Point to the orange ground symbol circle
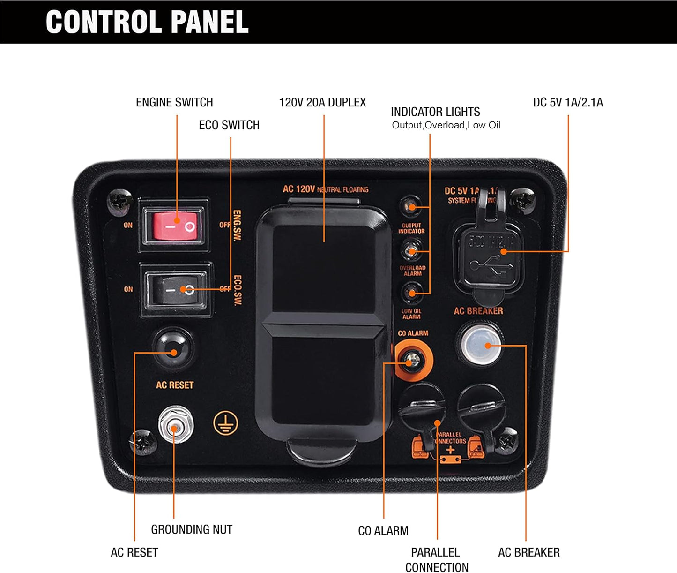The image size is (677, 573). pyautogui.click(x=225, y=423)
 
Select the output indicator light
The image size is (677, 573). pyautogui.click(x=410, y=207)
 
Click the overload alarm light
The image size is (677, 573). pyautogui.click(x=411, y=250)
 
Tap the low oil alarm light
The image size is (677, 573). pyautogui.click(x=411, y=293)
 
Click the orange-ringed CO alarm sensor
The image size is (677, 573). pyautogui.click(x=413, y=361)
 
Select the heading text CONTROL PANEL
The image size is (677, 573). pyautogui.click(x=147, y=22)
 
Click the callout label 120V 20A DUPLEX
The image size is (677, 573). pyautogui.click(x=322, y=102)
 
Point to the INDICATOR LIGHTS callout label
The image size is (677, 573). pyautogui.click(x=435, y=112)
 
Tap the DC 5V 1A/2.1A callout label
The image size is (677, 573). pyautogui.click(x=568, y=102)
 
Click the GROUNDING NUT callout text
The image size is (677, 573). pyautogui.click(x=192, y=529)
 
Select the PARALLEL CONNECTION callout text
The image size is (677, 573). pyautogui.click(x=436, y=559)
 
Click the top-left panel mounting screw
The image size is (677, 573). pyautogui.click(x=120, y=201)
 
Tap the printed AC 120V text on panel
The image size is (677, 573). pyautogui.click(x=299, y=189)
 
